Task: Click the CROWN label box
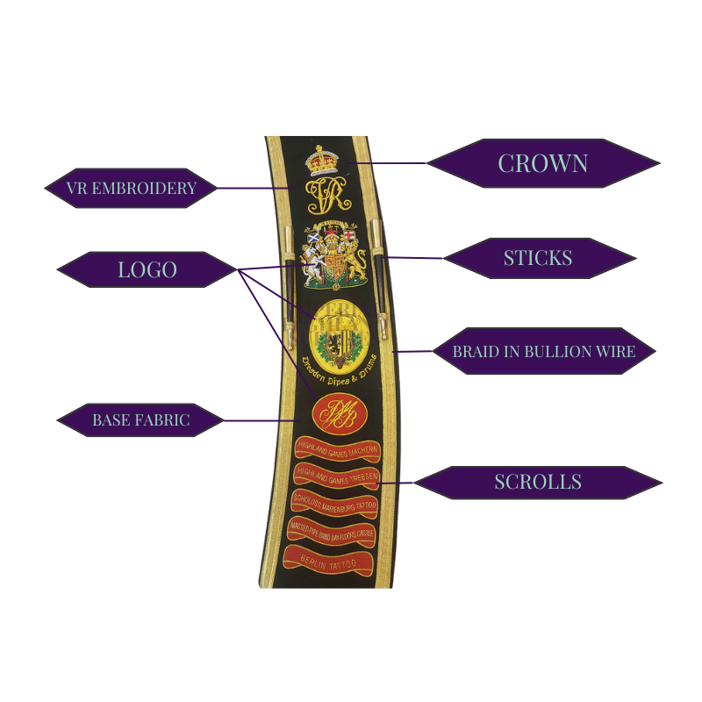pyautogui.click(x=543, y=163)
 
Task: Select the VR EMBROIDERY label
pyautogui.click(x=131, y=188)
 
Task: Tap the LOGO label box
pyautogui.click(x=147, y=269)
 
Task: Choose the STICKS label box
pyautogui.click(x=538, y=258)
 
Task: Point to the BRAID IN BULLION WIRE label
pyautogui.click(x=543, y=352)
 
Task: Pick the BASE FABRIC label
pyautogui.click(x=140, y=420)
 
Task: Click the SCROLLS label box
pyautogui.click(x=537, y=482)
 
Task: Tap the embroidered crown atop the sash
pyautogui.click(x=322, y=161)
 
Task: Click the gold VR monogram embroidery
pyautogui.click(x=324, y=196)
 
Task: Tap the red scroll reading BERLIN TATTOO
pyautogui.click(x=326, y=559)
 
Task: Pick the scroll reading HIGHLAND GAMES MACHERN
pyautogui.click(x=337, y=448)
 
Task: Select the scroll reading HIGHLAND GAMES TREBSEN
pyautogui.click(x=335, y=476)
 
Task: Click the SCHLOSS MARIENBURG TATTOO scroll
pyautogui.click(x=333, y=504)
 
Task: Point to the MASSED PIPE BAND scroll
pyautogui.click(x=331, y=531)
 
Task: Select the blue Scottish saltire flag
pyautogui.click(x=312, y=237)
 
